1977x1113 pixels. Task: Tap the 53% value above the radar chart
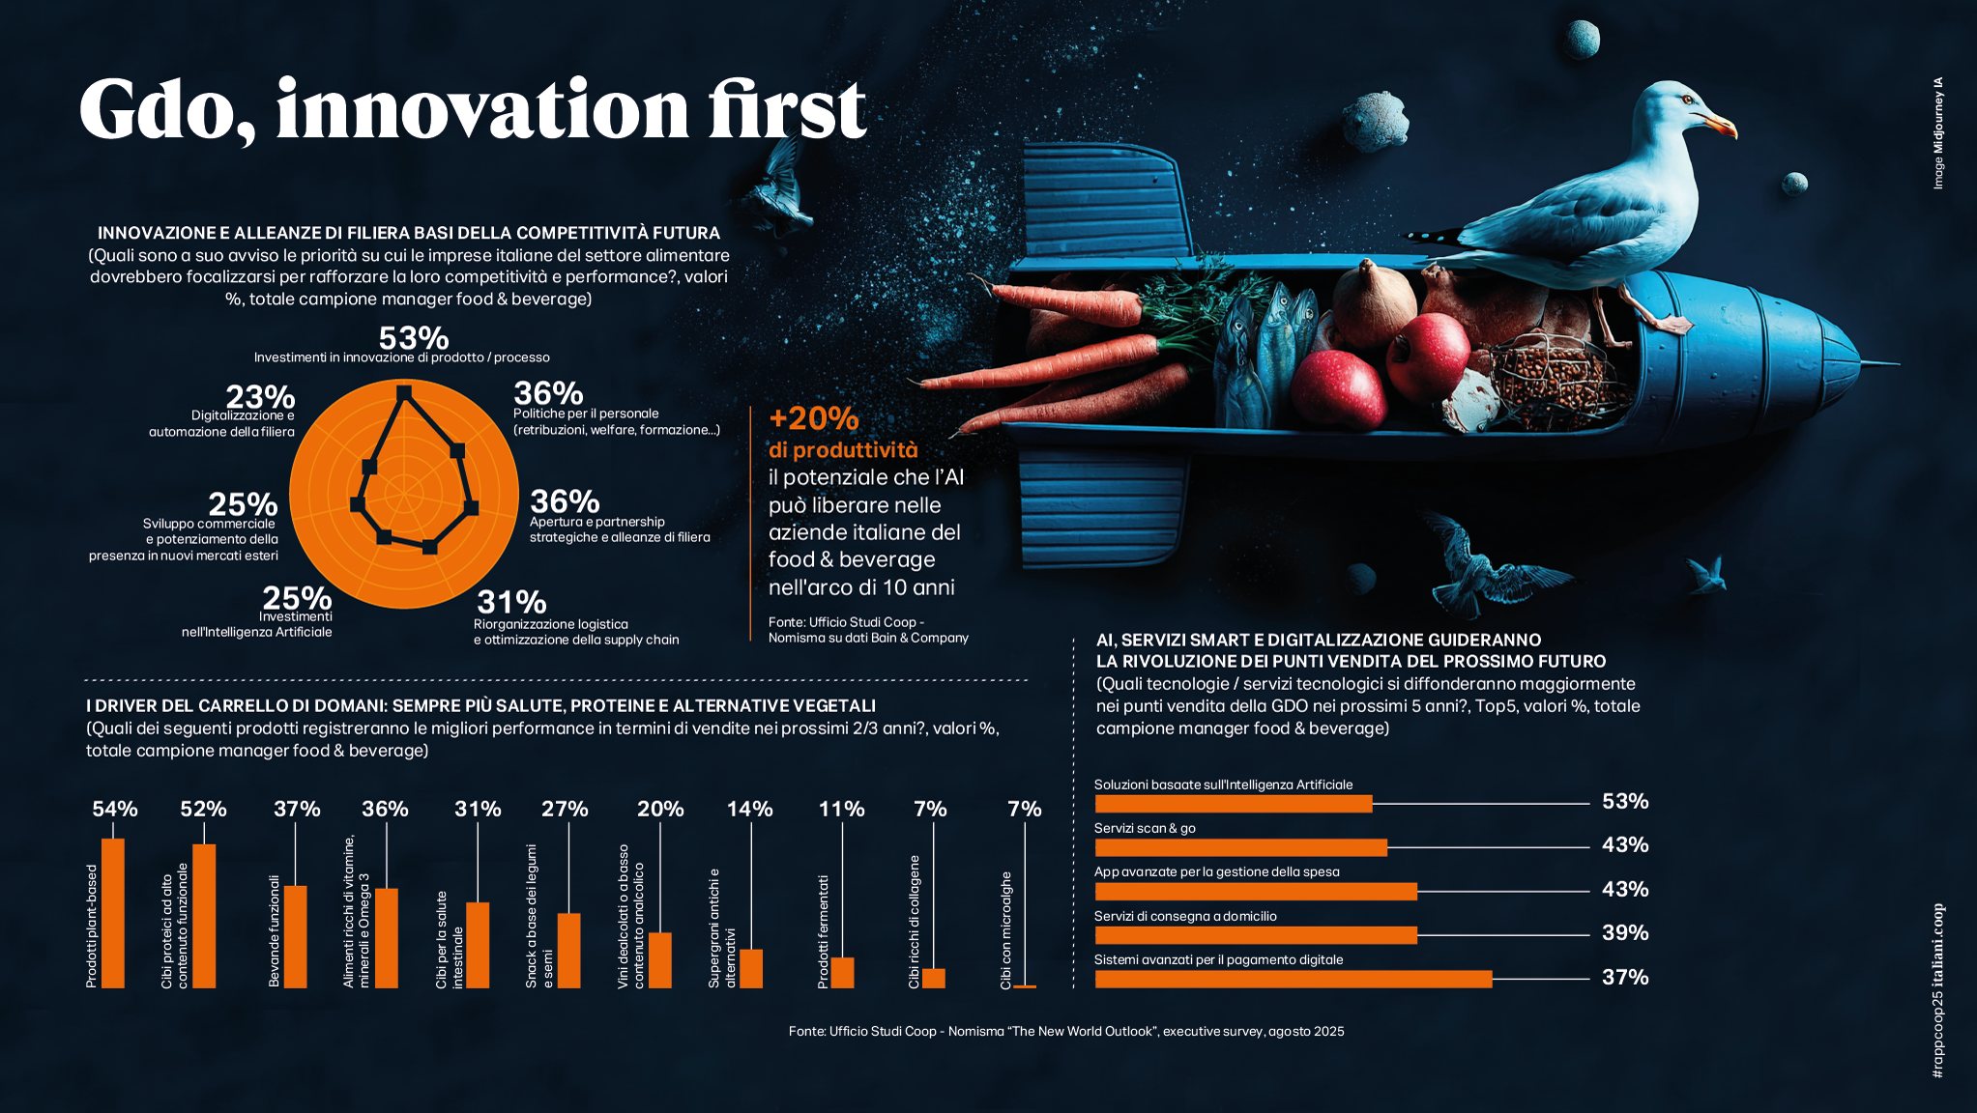414,338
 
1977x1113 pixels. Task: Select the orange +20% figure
813,418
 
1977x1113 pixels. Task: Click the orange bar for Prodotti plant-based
113,913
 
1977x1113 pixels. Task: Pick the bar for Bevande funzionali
296,936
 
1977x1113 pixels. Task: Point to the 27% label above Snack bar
565,809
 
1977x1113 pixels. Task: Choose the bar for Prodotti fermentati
842,972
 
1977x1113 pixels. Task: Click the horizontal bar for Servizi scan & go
1240,847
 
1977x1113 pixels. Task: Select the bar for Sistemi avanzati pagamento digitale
1293,979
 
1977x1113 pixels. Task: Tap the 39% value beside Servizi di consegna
1624,932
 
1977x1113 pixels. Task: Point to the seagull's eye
1688,100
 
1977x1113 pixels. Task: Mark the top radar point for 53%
404,392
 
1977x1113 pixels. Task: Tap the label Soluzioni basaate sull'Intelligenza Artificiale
1223,785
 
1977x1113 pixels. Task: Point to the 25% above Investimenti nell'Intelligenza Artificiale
297,598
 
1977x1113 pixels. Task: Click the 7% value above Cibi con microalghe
1024,809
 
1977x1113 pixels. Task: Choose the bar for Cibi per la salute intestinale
478,945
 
